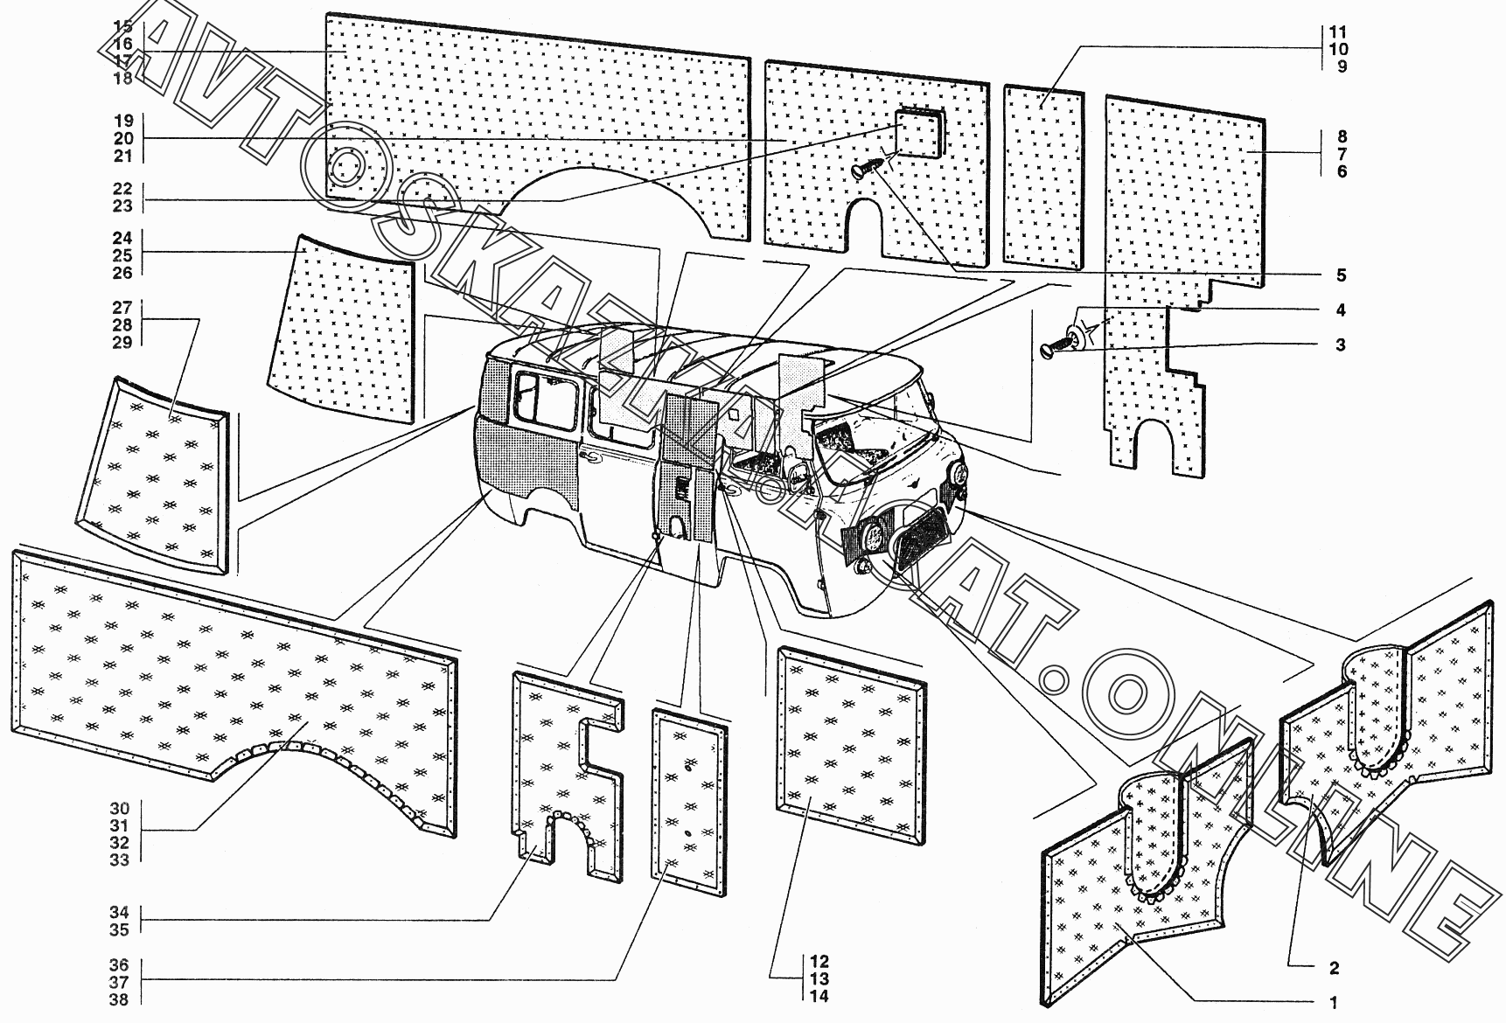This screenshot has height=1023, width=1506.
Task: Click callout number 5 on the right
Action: (x=1340, y=275)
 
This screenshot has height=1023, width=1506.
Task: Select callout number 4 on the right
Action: (x=1340, y=310)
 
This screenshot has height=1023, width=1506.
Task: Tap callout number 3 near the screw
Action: (x=1340, y=344)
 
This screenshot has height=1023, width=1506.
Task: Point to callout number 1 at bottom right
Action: (x=1333, y=1002)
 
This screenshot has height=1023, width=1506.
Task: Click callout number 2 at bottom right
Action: (x=1333, y=968)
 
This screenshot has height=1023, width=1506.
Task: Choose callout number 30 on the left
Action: (x=120, y=809)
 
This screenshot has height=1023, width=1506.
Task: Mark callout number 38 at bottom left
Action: (x=120, y=999)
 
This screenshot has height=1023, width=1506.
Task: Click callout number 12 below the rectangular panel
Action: (x=819, y=962)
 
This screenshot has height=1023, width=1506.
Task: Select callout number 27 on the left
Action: (x=122, y=308)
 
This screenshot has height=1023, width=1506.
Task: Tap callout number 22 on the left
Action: (x=122, y=189)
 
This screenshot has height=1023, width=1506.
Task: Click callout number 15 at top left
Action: (x=122, y=26)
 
